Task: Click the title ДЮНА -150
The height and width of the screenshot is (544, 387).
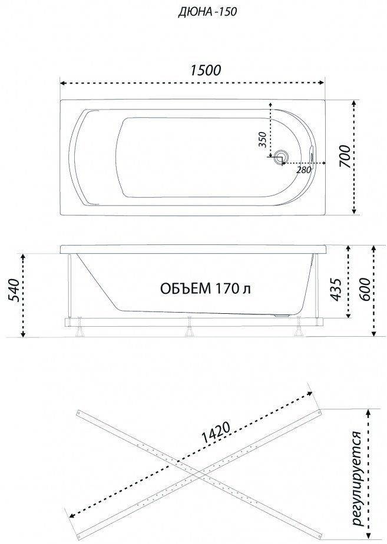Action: [x=207, y=12]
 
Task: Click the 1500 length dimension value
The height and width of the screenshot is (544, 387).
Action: [x=205, y=70]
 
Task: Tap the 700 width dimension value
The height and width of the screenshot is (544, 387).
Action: [x=345, y=157]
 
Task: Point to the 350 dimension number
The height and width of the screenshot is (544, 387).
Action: [x=263, y=140]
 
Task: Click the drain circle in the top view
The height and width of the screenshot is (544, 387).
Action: [x=280, y=157]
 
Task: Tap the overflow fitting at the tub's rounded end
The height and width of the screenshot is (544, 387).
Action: [x=312, y=157]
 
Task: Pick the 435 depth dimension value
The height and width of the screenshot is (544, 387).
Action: [x=336, y=289]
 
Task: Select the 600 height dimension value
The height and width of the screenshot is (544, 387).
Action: [x=365, y=289]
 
